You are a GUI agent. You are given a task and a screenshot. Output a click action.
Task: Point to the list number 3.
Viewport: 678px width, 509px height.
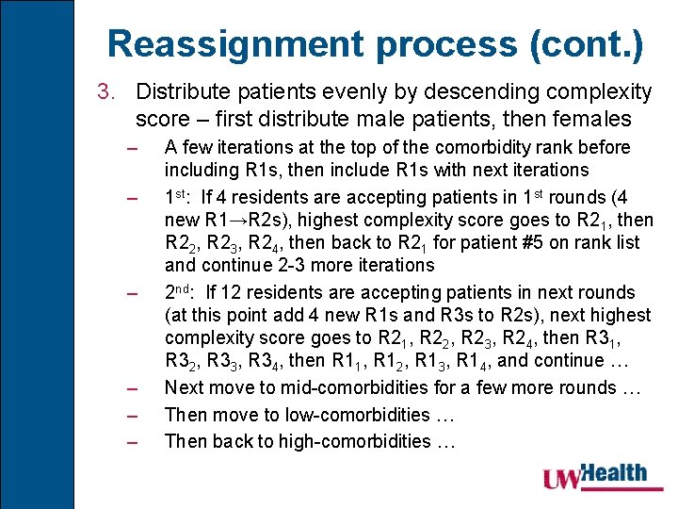[x=105, y=92]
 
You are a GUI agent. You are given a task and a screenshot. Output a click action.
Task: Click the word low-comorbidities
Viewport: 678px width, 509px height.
[x=343, y=415]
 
